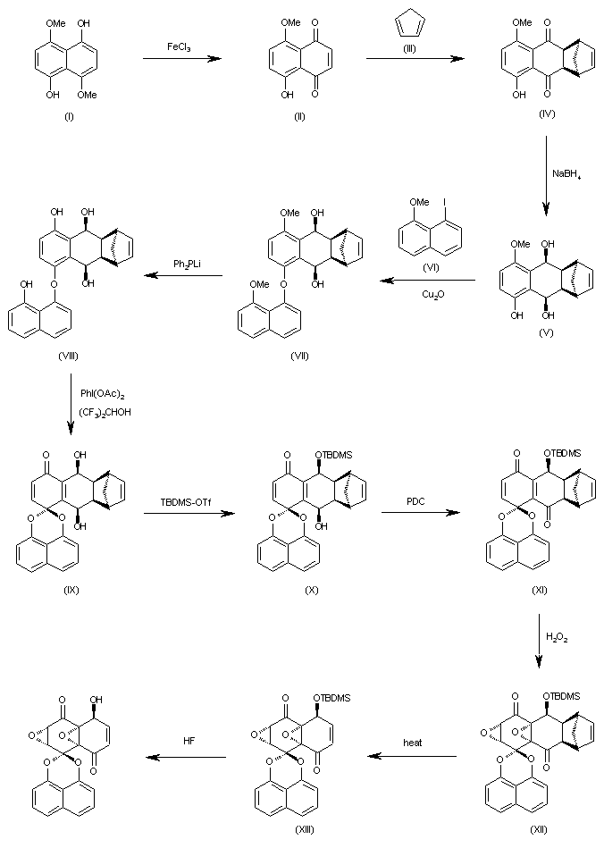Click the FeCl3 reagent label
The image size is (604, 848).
(182, 45)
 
